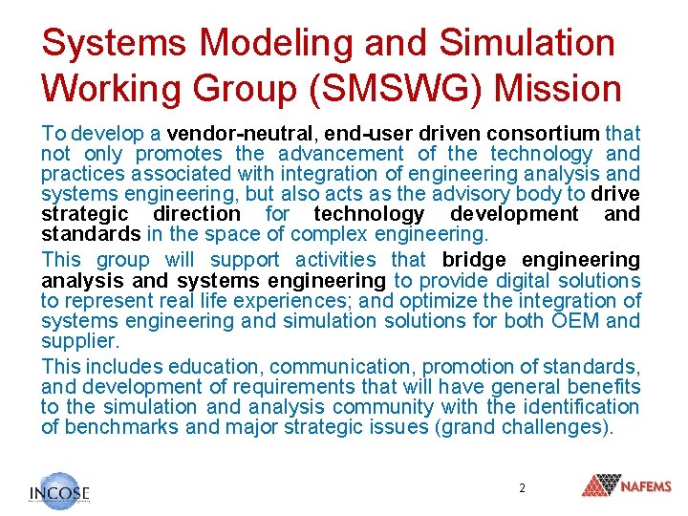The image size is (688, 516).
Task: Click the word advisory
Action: point(487,194)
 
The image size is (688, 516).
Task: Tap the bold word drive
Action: point(615,194)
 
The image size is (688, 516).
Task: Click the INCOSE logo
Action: point(59,491)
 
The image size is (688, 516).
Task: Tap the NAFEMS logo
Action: point(627,486)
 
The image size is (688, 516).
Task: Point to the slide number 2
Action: point(522,487)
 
